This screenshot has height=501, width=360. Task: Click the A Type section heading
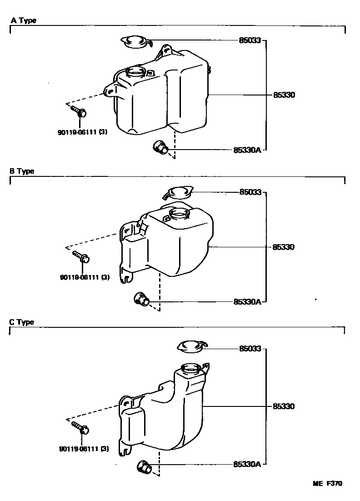point(24,20)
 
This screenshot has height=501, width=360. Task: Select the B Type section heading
point(22,171)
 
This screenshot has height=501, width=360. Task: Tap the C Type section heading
point(22,322)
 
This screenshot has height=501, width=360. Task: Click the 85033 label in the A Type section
point(250,40)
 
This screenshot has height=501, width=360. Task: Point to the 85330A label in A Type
point(247,149)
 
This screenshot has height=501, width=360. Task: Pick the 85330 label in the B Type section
point(284,247)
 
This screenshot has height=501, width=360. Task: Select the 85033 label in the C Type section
point(250,349)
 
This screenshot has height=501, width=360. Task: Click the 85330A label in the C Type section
point(247,464)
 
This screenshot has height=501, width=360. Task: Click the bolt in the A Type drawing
point(79,112)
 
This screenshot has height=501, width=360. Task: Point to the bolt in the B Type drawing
point(81,257)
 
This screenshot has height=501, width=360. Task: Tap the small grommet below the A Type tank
point(160,147)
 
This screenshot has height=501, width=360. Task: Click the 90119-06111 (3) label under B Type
point(84,277)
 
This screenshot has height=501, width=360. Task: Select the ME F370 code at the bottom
point(327,483)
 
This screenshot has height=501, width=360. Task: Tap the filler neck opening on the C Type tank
point(191,367)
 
